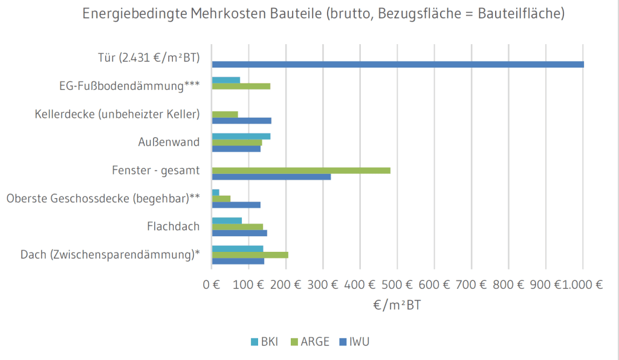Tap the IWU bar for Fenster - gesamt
[271, 176]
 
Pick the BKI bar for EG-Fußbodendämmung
[226, 80]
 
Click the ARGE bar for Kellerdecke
[225, 114]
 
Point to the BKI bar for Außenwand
[241, 136]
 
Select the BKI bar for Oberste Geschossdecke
[216, 192]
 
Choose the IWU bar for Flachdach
[239, 233]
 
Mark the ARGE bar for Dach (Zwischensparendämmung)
[250, 254]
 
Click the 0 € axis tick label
[212, 285]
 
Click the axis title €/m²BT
[397, 306]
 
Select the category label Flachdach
[173, 227]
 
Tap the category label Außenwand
[169, 143]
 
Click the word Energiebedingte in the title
[129, 14]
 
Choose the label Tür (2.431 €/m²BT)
[149, 58]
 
